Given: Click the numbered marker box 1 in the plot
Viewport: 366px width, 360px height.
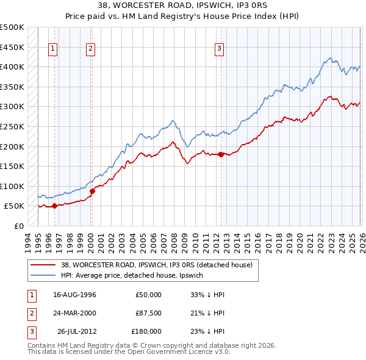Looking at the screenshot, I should (x=54, y=50).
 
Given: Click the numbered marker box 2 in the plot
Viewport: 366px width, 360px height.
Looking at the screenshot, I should (x=91, y=50).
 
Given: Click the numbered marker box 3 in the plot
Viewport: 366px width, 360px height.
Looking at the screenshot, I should (x=219, y=50).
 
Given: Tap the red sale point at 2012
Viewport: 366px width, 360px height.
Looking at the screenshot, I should (x=221, y=154).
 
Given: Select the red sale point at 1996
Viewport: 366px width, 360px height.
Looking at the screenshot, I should (x=54, y=206).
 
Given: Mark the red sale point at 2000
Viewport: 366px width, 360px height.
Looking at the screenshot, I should (x=92, y=191).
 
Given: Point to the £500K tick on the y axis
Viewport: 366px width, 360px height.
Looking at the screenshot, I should (x=12, y=27).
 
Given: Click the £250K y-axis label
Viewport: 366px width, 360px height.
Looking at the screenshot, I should (x=12, y=126).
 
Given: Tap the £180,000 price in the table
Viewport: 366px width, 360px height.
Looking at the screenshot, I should (x=146, y=331).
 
